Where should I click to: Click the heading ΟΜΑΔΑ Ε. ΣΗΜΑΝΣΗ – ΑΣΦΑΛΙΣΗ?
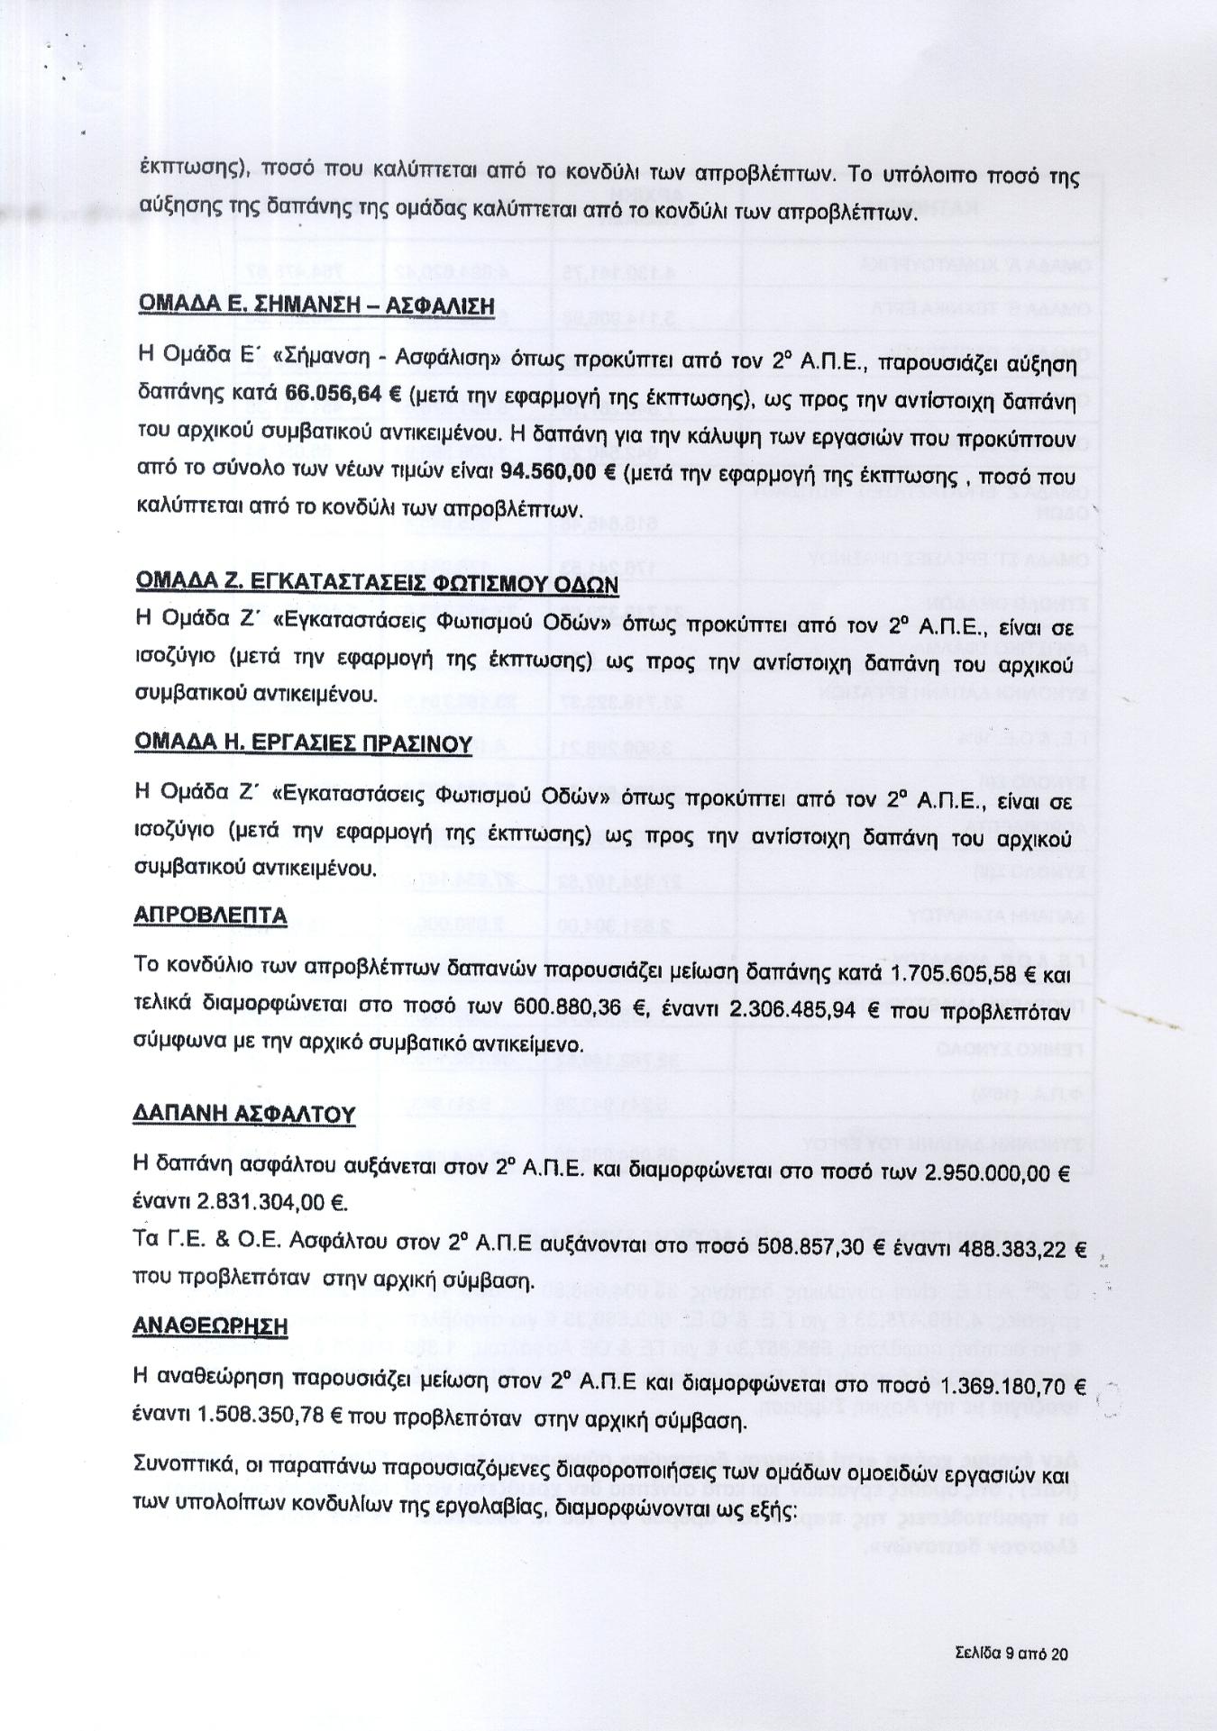(x=316, y=305)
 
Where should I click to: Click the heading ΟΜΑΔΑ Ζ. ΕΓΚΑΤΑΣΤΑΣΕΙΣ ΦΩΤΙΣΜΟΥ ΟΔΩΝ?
(x=376, y=583)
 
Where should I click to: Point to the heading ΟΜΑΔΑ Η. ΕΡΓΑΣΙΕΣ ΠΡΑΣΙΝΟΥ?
(x=303, y=743)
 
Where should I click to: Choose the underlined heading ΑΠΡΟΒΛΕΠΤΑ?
(x=210, y=916)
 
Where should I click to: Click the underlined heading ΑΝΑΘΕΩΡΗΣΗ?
(x=210, y=1327)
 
